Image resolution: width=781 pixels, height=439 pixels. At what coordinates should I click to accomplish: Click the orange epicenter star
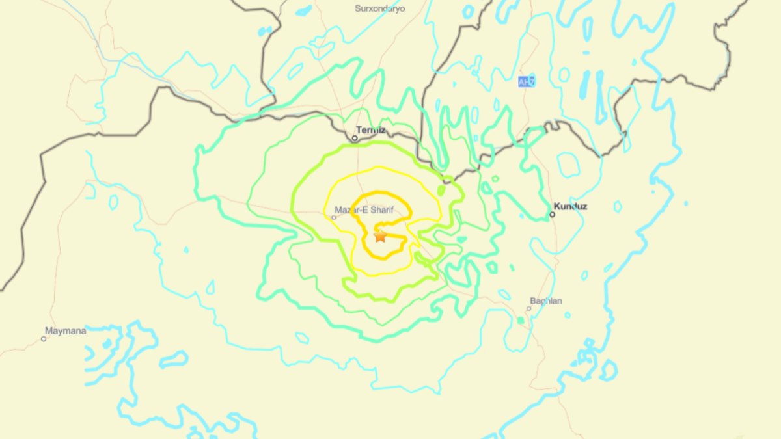coord(380,235)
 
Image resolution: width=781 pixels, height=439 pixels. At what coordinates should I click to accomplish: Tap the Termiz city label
coord(371,130)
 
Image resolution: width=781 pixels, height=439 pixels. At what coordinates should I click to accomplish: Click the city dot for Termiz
coord(355,138)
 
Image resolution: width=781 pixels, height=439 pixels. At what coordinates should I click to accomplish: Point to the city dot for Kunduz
coord(553,214)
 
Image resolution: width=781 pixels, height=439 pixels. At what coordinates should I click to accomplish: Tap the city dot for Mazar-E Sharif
coord(334,217)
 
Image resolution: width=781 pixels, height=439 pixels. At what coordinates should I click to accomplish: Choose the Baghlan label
coord(546,300)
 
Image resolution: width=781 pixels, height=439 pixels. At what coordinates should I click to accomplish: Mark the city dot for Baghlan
coord(529,308)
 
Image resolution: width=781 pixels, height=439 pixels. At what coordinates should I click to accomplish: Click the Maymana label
coord(65,330)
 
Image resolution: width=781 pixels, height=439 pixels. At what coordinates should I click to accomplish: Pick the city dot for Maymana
coord(44,338)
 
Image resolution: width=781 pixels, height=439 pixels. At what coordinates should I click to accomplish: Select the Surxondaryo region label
coord(380,8)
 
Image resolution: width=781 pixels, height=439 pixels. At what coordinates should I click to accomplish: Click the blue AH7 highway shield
coord(526,81)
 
